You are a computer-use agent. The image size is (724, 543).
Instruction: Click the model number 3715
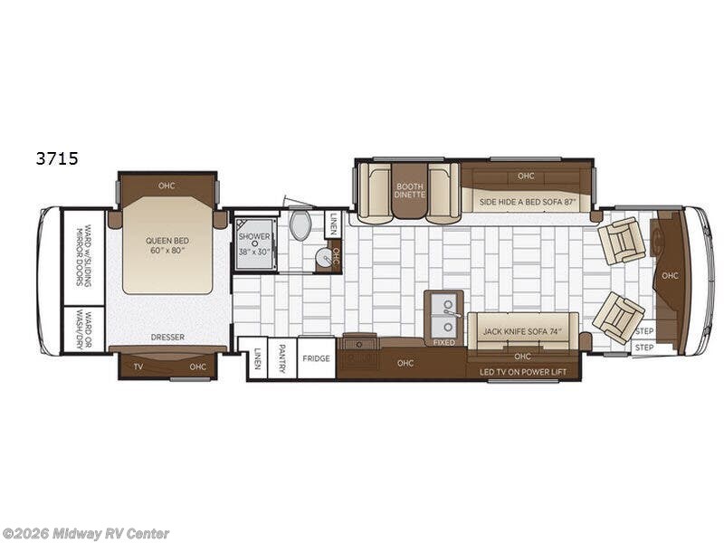pos(57,158)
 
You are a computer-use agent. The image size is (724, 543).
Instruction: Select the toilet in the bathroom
pos(300,224)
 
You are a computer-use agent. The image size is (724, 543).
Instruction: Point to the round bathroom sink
pos(326,257)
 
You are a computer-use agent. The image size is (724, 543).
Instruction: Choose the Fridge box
pos(316,358)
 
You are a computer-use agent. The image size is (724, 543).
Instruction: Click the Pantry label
pos(282,358)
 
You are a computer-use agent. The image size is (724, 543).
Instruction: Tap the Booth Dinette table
pos(409,190)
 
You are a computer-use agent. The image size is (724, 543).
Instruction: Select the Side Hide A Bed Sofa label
pos(526,202)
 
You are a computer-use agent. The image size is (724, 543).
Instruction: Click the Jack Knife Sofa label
pos(521,331)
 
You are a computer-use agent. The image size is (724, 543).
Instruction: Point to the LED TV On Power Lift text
pos(523,372)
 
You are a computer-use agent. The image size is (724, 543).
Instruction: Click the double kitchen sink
pos(444,315)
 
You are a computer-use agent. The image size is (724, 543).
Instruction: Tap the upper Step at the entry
pos(644,331)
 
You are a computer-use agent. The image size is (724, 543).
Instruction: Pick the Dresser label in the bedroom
pos(167,337)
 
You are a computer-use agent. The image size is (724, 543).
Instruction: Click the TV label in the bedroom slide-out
pos(138,367)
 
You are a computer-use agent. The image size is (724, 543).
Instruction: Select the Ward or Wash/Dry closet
pos(84,329)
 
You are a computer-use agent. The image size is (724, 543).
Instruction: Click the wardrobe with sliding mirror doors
pos(84,257)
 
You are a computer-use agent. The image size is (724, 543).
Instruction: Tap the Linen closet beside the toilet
pos(333,224)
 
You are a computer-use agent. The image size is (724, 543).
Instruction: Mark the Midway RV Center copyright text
pos(85,534)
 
